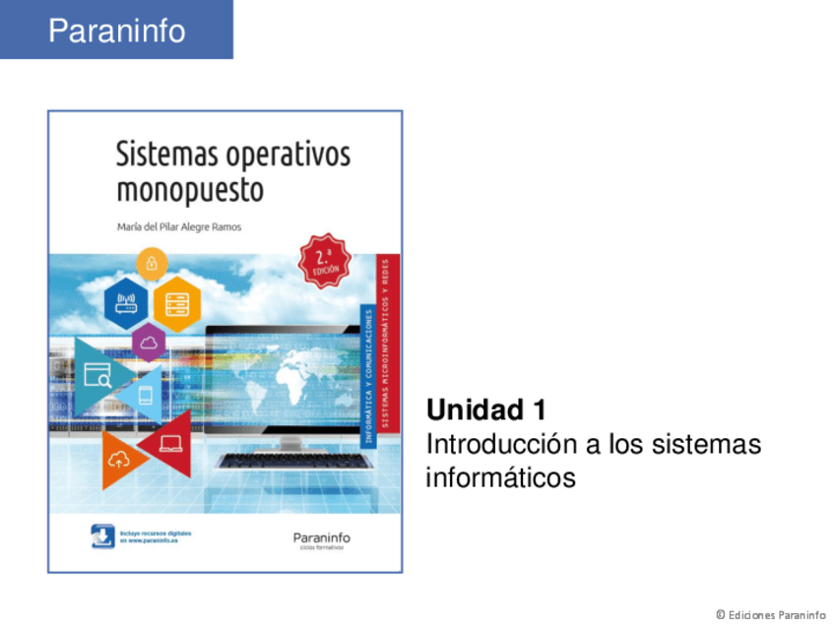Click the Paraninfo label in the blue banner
tap(116, 31)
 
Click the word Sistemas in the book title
tap(164, 155)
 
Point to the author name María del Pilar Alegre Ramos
tap(178, 226)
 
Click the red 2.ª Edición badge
tap(324, 260)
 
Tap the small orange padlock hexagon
tap(153, 263)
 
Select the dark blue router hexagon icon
tap(126, 303)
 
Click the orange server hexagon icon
tap(177, 303)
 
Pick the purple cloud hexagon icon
tap(150, 342)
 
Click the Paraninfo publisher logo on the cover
tap(322, 538)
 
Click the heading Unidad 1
tap(485, 408)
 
